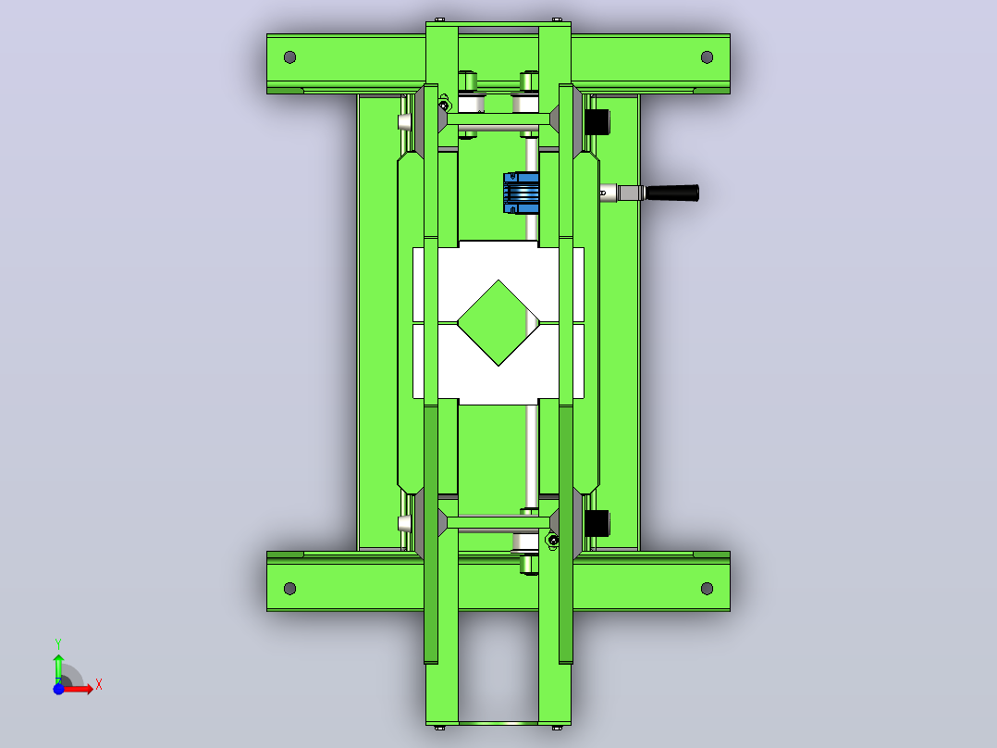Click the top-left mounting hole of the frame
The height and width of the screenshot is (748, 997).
[x=290, y=57]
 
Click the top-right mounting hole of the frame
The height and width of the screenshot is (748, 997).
[x=707, y=57]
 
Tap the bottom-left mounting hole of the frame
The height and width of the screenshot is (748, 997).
[x=290, y=588]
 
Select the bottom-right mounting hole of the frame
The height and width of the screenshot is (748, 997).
[x=707, y=588]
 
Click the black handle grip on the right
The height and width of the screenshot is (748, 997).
[x=672, y=193]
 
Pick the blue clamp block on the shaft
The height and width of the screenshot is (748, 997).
[x=522, y=193]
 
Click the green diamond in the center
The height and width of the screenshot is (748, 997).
[x=498, y=323]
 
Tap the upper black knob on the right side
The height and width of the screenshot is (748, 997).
[x=597, y=121]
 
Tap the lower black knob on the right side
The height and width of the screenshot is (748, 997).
[x=597, y=523]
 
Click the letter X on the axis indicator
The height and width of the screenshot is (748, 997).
[x=99, y=685]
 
